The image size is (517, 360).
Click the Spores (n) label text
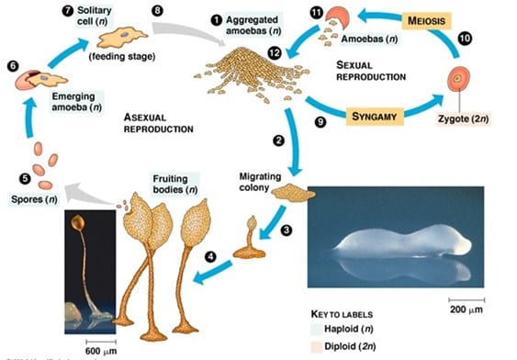29,197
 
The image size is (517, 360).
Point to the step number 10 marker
465,39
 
